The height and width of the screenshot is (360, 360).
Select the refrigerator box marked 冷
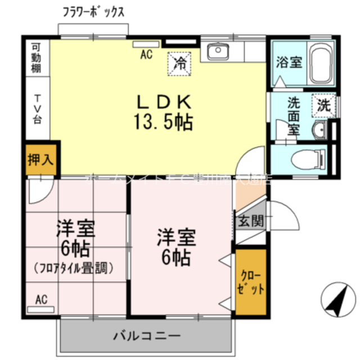[181, 62]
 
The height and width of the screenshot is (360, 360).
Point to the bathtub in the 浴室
[321, 64]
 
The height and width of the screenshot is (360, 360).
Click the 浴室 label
[289, 62]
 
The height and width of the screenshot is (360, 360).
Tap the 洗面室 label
[294, 115]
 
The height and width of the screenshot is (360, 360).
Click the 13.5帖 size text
[163, 121]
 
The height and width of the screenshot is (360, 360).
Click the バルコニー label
[147, 336]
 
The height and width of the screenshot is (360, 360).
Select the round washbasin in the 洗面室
[318, 129]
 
